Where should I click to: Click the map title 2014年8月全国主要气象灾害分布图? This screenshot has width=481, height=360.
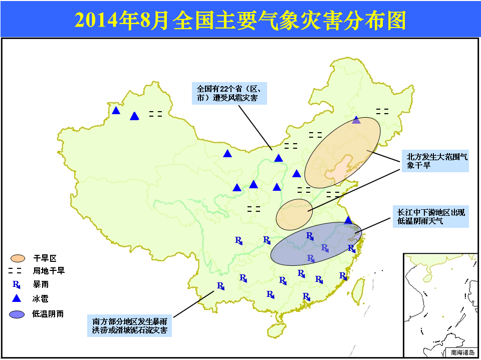click(x=241, y=20)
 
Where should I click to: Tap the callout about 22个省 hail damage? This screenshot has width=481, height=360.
click(x=229, y=93)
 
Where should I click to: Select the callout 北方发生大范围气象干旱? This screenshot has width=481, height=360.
click(x=435, y=161)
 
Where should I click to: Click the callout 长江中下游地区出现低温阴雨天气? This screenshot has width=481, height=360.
click(x=431, y=216)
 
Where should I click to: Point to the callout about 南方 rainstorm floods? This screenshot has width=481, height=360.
click(x=129, y=325)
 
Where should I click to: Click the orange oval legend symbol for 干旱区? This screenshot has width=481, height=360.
click(x=18, y=258)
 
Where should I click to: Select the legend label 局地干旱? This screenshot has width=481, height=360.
click(x=49, y=271)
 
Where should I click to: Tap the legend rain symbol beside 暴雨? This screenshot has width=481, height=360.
click(x=16, y=284)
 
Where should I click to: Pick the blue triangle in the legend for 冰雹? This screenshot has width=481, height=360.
click(x=16, y=298)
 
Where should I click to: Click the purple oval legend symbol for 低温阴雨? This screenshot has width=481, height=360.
click(x=17, y=314)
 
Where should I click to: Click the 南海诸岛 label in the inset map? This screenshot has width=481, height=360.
click(x=462, y=352)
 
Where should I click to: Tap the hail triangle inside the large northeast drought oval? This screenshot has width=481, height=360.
click(x=356, y=120)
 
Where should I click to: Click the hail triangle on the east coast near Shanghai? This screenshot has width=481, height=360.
click(x=348, y=220)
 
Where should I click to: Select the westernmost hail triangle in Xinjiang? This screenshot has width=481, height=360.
click(x=116, y=110)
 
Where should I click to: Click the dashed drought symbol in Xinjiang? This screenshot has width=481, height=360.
click(x=155, y=114)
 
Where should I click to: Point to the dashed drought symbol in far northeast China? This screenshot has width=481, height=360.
click(x=382, y=112)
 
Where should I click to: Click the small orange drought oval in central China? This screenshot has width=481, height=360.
click(x=294, y=214)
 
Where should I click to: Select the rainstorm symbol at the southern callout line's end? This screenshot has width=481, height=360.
click(x=221, y=286)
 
